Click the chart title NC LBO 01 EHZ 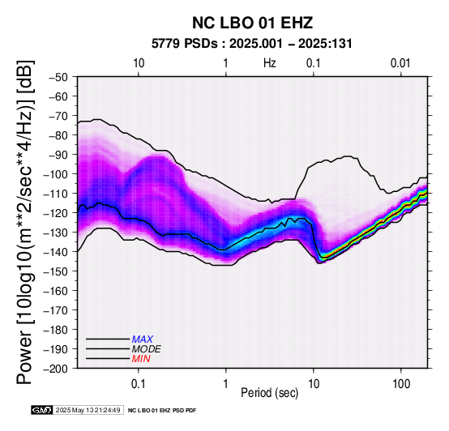[252, 23]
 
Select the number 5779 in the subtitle [165, 44]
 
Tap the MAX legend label [143, 339]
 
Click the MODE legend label [147, 349]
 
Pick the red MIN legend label [141, 359]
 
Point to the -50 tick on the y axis [58, 77]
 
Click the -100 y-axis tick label [56, 174]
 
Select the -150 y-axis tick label [56, 271]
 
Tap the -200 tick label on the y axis [56, 369]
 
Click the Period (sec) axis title [269, 393]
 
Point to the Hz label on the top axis [269, 63]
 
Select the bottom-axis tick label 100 [401, 384]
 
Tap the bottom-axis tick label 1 [226, 384]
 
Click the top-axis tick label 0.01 [400, 63]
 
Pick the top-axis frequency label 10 [139, 63]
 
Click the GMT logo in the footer [41, 410]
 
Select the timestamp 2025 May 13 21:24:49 [88, 410]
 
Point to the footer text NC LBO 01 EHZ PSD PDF [162, 411]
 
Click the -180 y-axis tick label [56, 330]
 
